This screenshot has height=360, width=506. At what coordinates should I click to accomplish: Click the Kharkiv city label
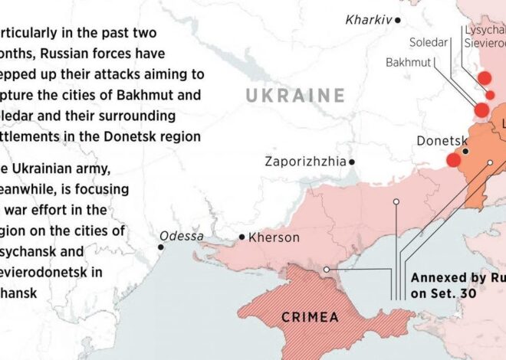(x=369, y=18)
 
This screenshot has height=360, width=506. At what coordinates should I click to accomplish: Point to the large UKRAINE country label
(x=295, y=96)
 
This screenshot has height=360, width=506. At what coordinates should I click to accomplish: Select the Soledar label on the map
(x=428, y=42)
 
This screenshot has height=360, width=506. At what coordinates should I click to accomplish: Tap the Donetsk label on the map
(x=442, y=141)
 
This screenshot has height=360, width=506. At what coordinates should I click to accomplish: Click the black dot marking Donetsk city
(x=465, y=152)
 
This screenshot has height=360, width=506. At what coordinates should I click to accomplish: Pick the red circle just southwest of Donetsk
(x=453, y=160)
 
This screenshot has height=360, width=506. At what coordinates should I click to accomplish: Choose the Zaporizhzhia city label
(x=304, y=162)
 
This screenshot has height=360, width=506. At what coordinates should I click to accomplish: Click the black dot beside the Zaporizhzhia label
(x=352, y=162)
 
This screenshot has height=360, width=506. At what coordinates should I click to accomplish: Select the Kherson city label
(x=274, y=237)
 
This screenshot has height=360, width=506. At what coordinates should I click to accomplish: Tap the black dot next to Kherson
(x=242, y=237)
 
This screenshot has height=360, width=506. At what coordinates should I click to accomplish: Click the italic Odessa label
(x=182, y=236)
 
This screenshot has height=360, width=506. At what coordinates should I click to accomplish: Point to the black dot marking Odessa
(x=161, y=247)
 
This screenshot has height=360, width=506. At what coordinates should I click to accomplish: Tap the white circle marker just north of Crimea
(x=327, y=270)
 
